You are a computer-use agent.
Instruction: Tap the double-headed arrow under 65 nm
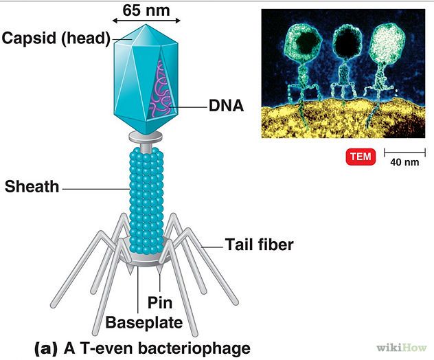click(146, 22)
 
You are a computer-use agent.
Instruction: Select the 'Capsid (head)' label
click(56, 38)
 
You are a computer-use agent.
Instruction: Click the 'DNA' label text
click(226, 106)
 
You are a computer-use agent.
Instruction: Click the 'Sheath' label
click(32, 186)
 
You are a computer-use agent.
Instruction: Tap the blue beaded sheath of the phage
click(146, 199)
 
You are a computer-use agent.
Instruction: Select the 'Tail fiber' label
click(259, 244)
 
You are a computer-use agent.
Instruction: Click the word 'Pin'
click(159, 303)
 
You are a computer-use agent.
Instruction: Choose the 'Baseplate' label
click(144, 322)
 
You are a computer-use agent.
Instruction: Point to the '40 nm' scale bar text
click(404, 163)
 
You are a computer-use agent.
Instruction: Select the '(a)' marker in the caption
click(47, 347)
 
